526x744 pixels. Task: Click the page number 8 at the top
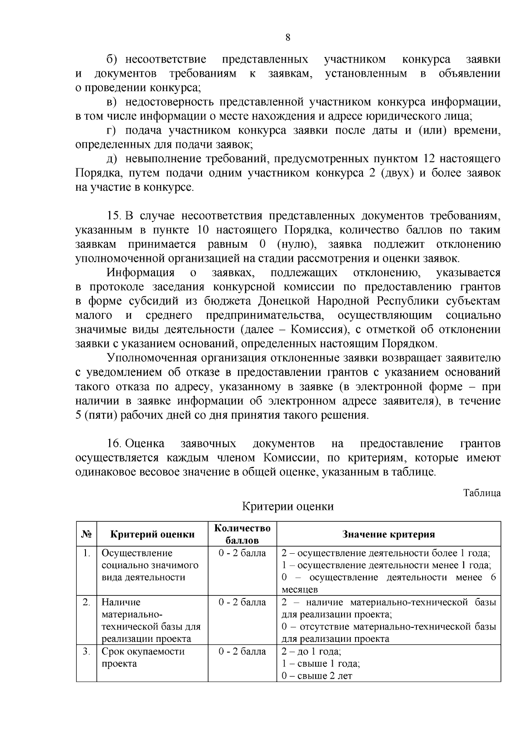(288, 37)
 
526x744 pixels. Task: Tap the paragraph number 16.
(114, 444)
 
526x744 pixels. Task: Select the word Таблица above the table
(482, 493)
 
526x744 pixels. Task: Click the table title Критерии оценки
(288, 507)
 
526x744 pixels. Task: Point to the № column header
(86, 534)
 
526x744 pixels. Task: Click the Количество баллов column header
(242, 534)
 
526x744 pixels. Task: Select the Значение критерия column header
(388, 534)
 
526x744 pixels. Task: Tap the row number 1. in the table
(86, 553)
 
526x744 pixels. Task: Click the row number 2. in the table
(86, 602)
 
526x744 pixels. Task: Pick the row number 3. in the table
(86, 651)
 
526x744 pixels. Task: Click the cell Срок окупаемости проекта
(143, 657)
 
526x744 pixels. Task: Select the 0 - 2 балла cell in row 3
(242, 651)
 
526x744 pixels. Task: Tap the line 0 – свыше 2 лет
(317, 676)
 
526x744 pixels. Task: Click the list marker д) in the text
(112, 159)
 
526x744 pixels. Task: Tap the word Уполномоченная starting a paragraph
(159, 358)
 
